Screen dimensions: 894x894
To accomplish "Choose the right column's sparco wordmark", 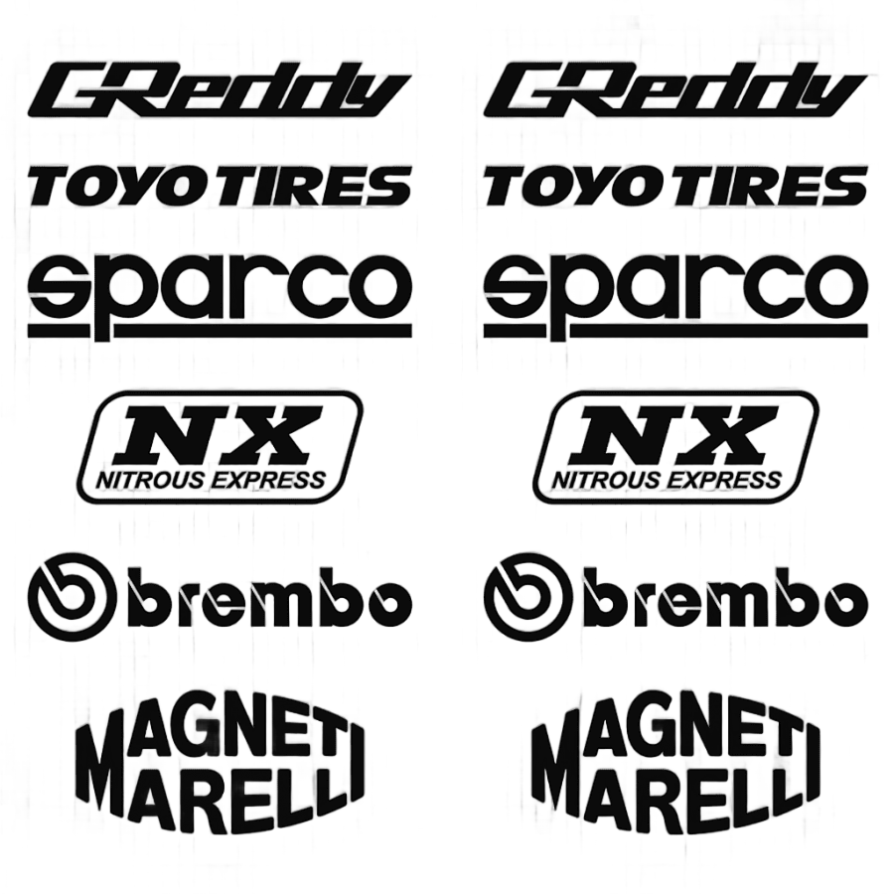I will click(675, 285).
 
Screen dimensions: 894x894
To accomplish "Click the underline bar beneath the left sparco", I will click(221, 330).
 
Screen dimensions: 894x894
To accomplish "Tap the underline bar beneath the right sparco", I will click(675, 330).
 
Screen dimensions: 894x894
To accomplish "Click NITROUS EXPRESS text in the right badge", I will click(667, 482).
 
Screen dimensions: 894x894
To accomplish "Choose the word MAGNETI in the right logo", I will click(675, 740).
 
